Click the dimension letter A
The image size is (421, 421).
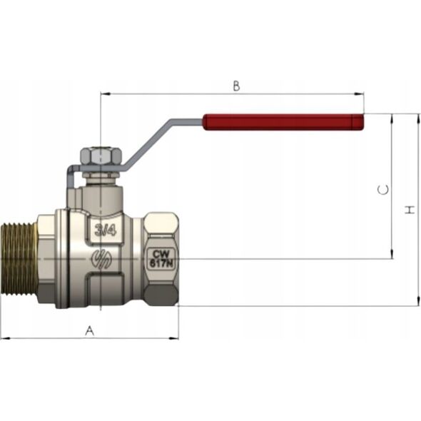[90, 330]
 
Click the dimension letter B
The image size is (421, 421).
[236, 86]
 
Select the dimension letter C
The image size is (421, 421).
[383, 190]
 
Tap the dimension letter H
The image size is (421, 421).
[410, 210]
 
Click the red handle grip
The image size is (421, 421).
[283, 122]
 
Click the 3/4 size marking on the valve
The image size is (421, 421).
[106, 230]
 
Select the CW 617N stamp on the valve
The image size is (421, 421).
[162, 258]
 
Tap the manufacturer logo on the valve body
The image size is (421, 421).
[101, 259]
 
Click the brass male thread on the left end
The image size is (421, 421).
[19, 259]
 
